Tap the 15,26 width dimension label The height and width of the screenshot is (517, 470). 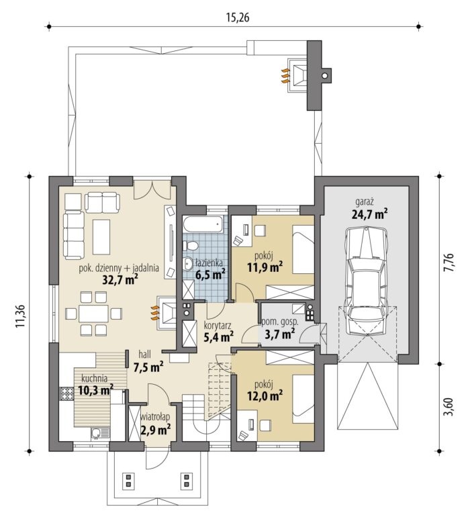[238, 17]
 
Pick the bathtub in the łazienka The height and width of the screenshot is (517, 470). [202, 224]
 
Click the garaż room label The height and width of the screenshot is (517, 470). [365, 201]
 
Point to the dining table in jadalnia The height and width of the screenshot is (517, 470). [93, 314]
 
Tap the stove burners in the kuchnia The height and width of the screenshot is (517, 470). [66, 393]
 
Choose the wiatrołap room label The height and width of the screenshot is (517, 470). [155, 417]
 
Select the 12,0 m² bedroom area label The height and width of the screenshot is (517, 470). [265, 395]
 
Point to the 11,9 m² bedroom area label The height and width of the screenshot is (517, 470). [265, 267]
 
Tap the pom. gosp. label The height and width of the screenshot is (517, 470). [280, 322]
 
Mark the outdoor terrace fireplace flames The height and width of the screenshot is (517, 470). [285, 76]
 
